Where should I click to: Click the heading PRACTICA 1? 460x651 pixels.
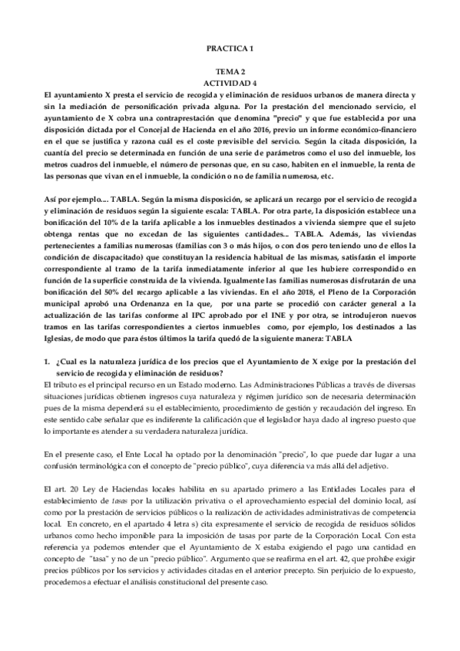[x=230, y=48]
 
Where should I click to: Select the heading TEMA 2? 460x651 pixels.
[x=230, y=70]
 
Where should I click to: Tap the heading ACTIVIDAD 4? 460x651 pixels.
[x=230, y=81]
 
